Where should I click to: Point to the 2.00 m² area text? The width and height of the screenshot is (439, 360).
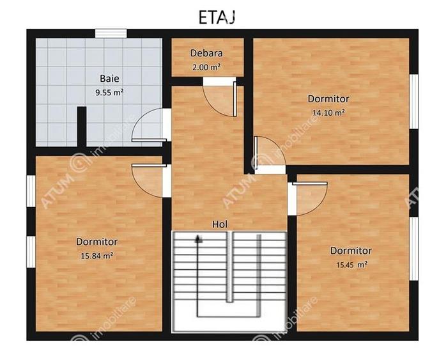pyautogui.click(x=206, y=66)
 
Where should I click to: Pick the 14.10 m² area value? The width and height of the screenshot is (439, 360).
pyautogui.click(x=328, y=112)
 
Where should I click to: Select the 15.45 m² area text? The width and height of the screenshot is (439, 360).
pyautogui.click(x=351, y=264)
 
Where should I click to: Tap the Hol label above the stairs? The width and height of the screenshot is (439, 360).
pyautogui.click(x=220, y=224)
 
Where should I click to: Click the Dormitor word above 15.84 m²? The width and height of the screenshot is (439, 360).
pyautogui.click(x=96, y=242)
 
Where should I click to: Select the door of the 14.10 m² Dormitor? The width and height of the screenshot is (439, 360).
pyautogui.click(x=268, y=155)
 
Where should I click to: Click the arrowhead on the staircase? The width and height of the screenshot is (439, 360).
pyautogui.click(x=199, y=238)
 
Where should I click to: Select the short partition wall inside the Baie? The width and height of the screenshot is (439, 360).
pyautogui.click(x=82, y=127)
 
